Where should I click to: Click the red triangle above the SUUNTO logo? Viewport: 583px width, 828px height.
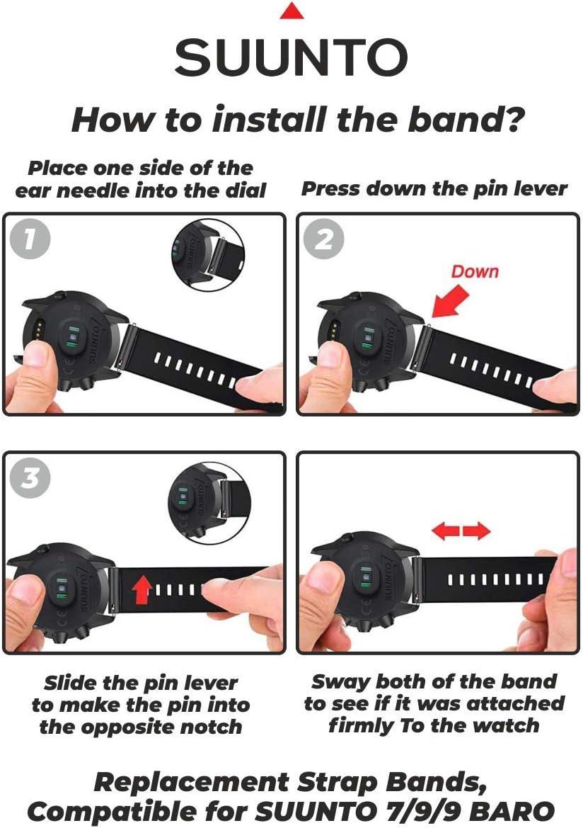(291, 11)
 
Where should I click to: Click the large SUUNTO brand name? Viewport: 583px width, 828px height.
(291, 57)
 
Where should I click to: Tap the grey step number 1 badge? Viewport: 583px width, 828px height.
(30, 239)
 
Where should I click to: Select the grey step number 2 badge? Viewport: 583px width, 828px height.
(324, 239)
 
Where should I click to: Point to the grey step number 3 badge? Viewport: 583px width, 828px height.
(30, 478)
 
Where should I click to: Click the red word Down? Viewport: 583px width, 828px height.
(475, 271)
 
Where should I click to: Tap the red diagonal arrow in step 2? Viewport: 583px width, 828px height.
(450, 301)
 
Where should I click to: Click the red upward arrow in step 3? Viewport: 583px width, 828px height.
(142, 589)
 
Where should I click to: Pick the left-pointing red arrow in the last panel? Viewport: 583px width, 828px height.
(446, 531)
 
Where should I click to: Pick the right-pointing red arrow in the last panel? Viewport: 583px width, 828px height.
(476, 531)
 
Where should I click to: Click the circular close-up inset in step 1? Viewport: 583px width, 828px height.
(209, 254)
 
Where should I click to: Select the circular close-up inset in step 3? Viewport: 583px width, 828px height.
(209, 501)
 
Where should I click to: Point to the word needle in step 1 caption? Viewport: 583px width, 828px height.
(94, 190)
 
